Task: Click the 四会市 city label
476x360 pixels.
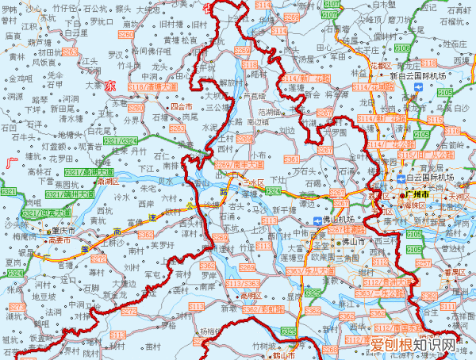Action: (x=182, y=105)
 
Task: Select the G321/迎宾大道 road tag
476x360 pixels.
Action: (x=47, y=213)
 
